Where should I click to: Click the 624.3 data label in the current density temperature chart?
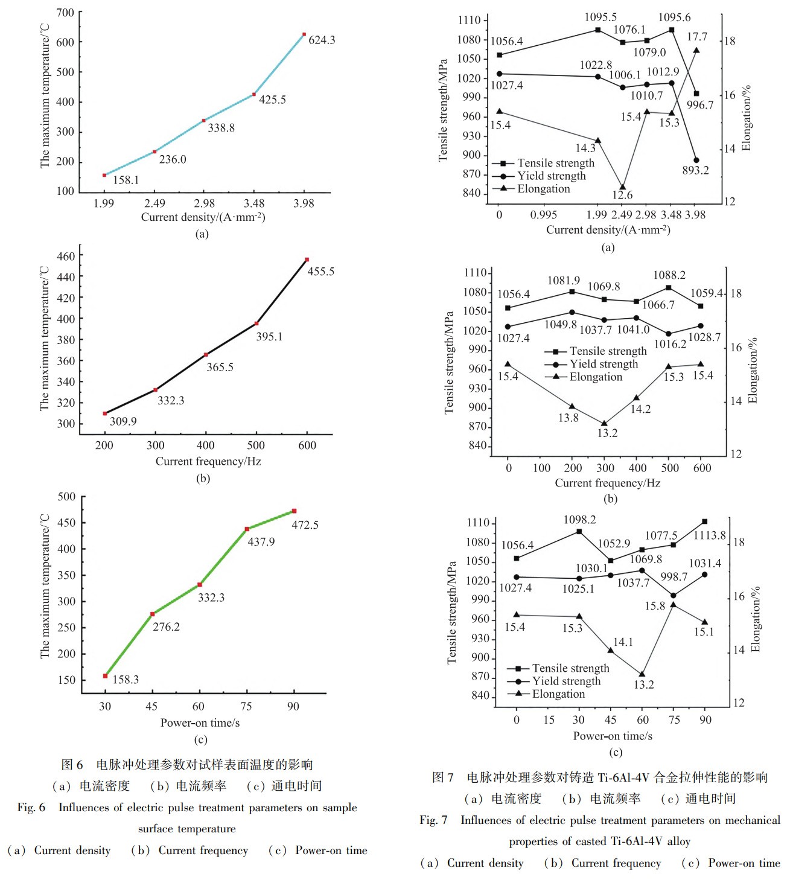(x=321, y=40)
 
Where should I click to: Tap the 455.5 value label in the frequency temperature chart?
(x=320, y=272)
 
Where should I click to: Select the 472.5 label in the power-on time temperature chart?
(x=305, y=525)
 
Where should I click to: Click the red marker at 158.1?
(x=104, y=175)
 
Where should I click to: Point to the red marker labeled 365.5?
(x=206, y=354)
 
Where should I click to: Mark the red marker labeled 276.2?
(x=153, y=614)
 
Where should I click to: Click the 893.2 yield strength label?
(x=695, y=170)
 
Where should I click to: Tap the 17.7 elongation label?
(x=697, y=37)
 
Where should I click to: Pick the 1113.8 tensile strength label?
(x=710, y=535)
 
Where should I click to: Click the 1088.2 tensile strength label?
(x=669, y=275)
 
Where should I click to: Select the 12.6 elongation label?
(x=622, y=195)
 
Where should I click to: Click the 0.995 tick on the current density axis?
(x=544, y=215)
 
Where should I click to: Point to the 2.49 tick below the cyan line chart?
(x=154, y=203)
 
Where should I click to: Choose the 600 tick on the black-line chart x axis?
(x=307, y=445)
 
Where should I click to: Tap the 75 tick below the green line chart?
(x=246, y=706)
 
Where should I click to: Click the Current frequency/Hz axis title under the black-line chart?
(x=208, y=462)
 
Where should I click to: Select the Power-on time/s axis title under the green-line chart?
(x=200, y=722)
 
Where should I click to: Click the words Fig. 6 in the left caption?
(x=31, y=808)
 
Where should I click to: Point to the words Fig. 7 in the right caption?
(x=434, y=820)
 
